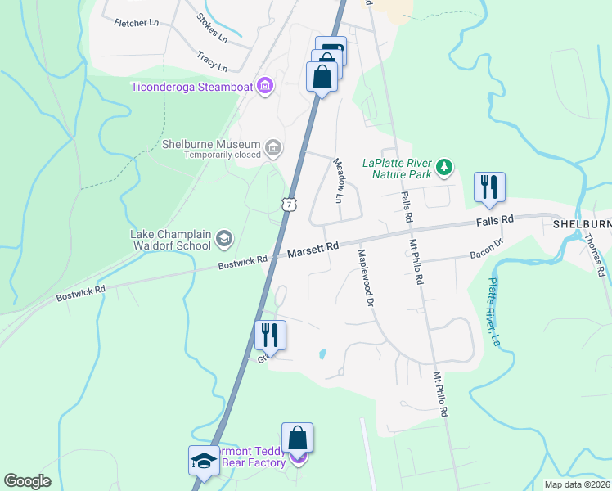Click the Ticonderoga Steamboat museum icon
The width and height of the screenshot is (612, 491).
tap(264, 85)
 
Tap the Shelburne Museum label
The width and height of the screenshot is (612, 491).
tap(210, 145)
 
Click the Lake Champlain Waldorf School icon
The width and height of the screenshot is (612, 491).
tap(223, 239)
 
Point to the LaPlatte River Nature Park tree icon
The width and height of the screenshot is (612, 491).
tap(444, 167)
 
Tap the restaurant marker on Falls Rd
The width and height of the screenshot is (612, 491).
tap(489, 187)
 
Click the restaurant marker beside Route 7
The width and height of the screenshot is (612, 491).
tap(270, 335)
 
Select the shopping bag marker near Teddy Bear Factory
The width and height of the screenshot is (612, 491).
tap(298, 438)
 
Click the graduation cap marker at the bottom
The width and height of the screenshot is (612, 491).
tap(203, 461)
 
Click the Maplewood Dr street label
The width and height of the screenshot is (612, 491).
tap(366, 278)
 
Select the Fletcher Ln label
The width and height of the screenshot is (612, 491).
tap(136, 23)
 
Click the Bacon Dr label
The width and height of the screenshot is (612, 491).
tap(486, 253)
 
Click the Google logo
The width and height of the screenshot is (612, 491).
tap(27, 481)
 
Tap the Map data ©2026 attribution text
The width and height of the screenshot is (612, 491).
tap(576, 484)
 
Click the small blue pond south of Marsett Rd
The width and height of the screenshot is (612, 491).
tap(323, 354)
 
